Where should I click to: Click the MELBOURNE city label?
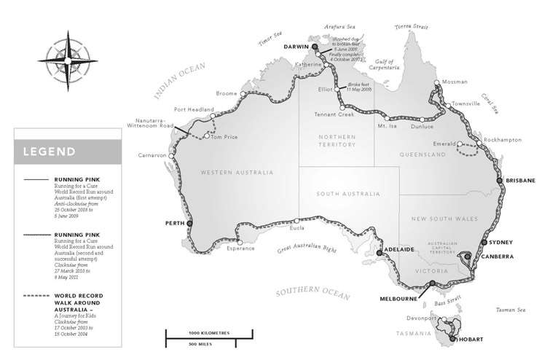(x=398, y=298)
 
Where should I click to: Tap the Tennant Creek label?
(x=334, y=115)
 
